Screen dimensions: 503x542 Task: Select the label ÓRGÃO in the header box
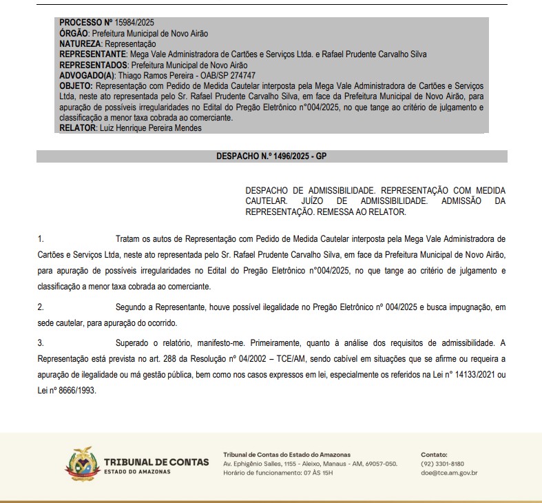(x=74, y=34)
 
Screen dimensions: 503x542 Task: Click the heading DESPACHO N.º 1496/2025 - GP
(x=271, y=157)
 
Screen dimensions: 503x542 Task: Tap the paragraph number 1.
(x=41, y=239)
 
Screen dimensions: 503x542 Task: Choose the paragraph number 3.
(x=41, y=342)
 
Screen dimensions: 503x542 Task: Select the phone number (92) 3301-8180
(x=442, y=464)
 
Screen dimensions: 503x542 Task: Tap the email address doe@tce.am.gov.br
(x=449, y=473)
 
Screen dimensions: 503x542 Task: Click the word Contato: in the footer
(x=434, y=455)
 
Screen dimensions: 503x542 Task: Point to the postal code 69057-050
(x=381, y=464)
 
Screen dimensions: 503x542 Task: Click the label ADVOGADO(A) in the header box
(x=87, y=75)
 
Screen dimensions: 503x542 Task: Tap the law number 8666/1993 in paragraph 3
(x=75, y=391)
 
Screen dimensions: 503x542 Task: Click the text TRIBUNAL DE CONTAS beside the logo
(x=156, y=462)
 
